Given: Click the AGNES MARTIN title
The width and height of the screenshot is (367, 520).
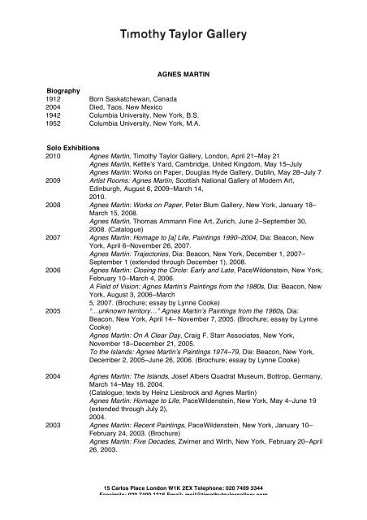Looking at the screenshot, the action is coord(183,72).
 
